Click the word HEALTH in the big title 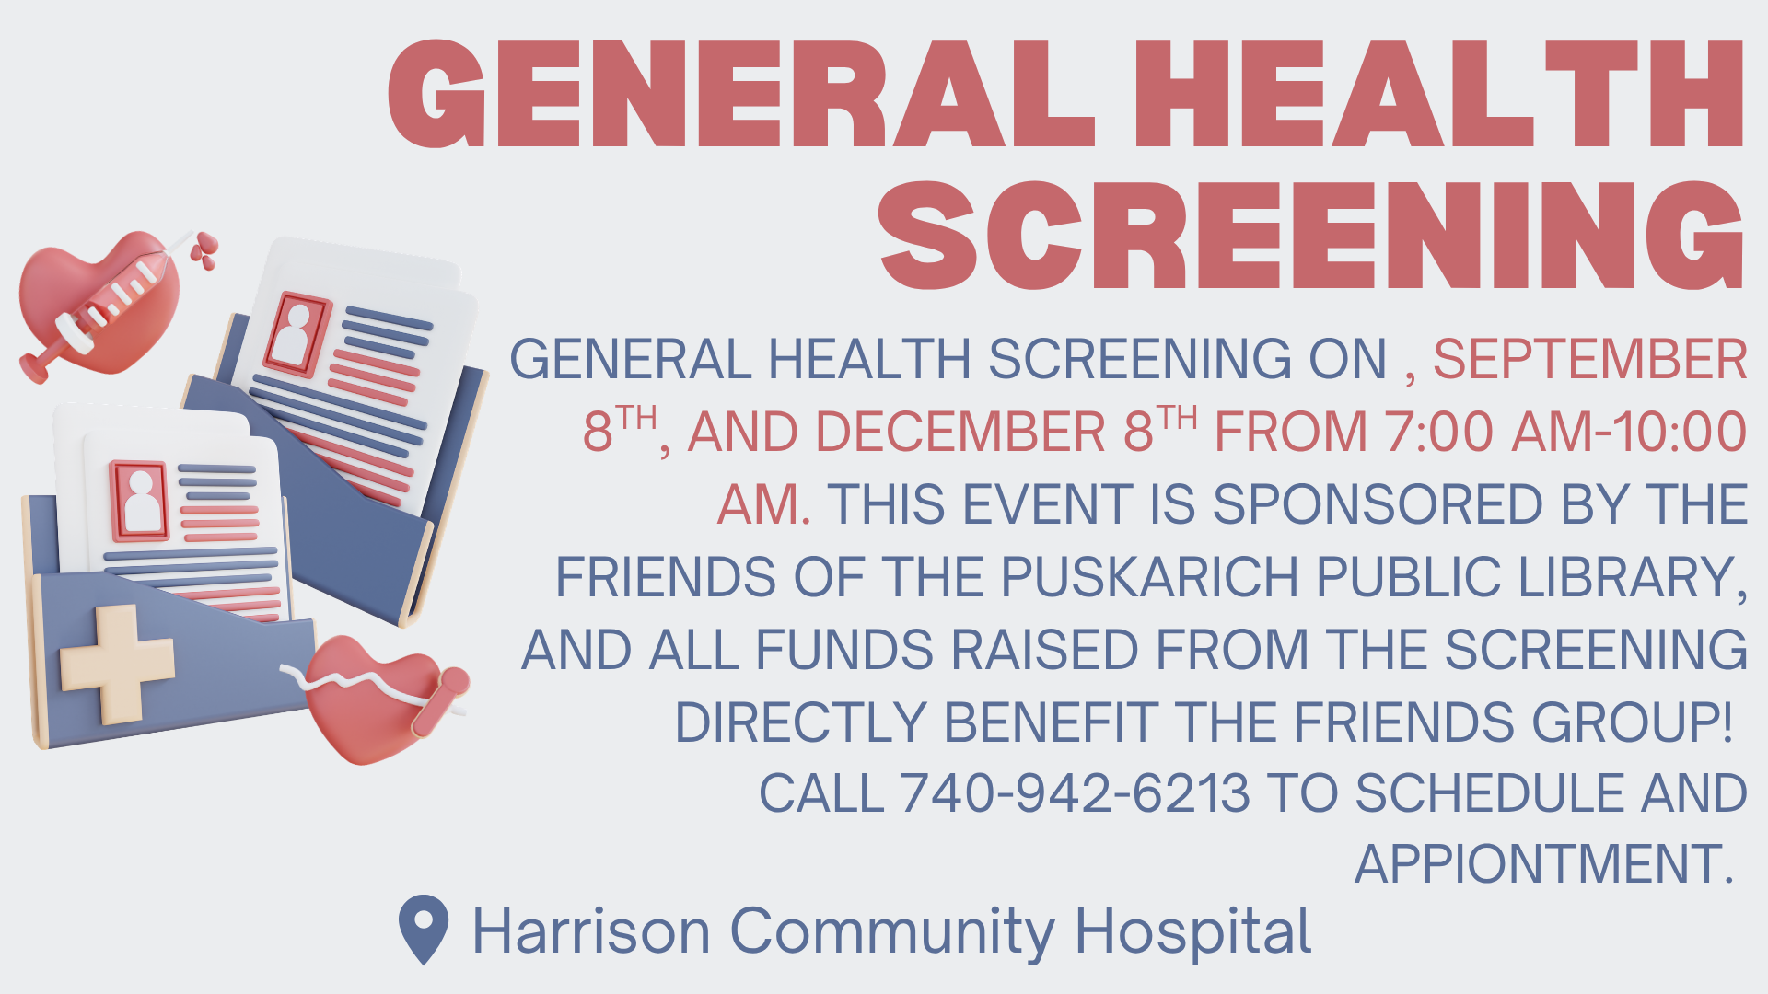[x=1439, y=94]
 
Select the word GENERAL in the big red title [x=742, y=94]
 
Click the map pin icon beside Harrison [x=424, y=930]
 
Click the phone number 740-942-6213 [x=1075, y=793]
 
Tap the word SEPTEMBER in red [x=1590, y=359]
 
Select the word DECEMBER [x=960, y=432]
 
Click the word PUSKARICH [x=1149, y=577]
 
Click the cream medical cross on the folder [x=117, y=663]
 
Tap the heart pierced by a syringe [x=101, y=304]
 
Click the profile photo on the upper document [x=297, y=335]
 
